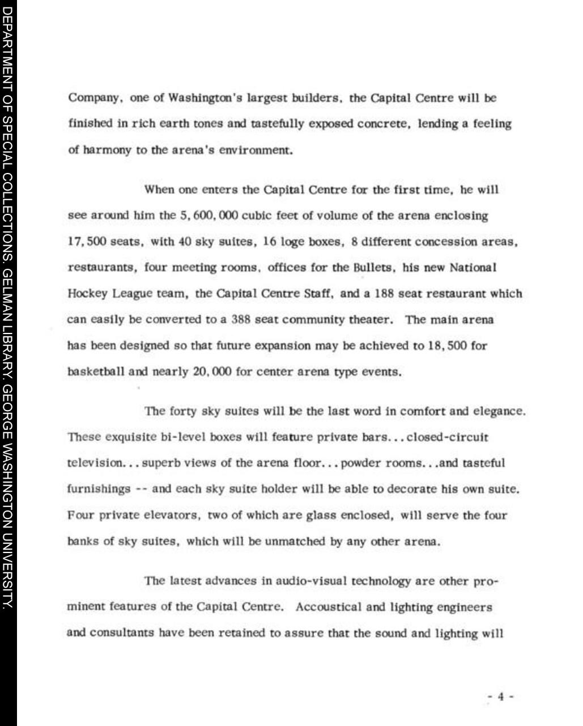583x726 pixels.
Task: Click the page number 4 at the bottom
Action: click(x=500, y=697)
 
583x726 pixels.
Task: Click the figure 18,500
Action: click(x=447, y=346)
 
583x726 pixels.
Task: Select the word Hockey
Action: click(x=87, y=294)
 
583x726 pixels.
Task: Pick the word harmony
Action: click(x=107, y=150)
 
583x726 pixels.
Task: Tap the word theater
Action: click(x=369, y=320)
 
